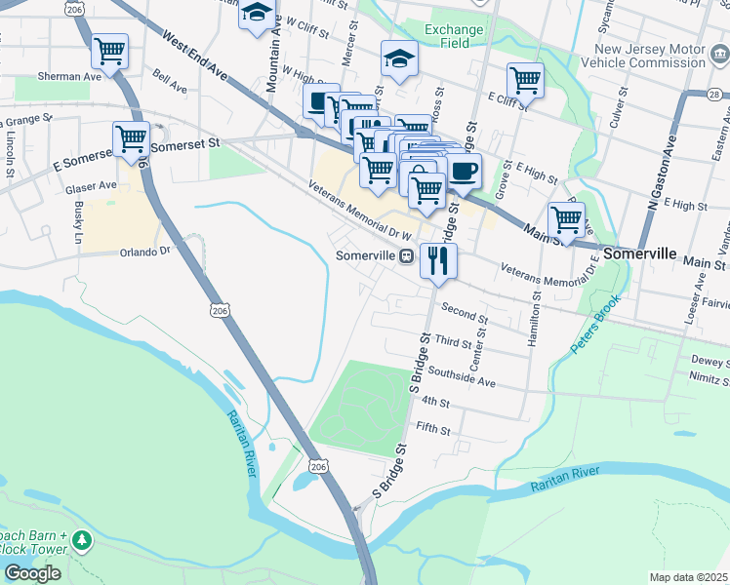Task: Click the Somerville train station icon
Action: [406, 255]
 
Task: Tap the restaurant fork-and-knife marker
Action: [438, 259]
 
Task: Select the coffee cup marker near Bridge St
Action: [464, 172]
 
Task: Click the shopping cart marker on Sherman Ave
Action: [110, 51]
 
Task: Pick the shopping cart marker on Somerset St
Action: [131, 138]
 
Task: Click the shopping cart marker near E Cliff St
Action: [525, 80]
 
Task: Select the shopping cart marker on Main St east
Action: [566, 219]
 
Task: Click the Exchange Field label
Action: [454, 36]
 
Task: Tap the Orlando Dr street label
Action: [144, 251]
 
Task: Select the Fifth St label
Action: [433, 427]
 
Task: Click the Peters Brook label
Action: [596, 326]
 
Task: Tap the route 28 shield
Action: [715, 94]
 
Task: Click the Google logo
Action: [32, 573]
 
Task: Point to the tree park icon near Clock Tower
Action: [83, 539]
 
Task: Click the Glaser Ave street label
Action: [91, 185]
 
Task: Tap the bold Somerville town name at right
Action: [639, 253]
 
